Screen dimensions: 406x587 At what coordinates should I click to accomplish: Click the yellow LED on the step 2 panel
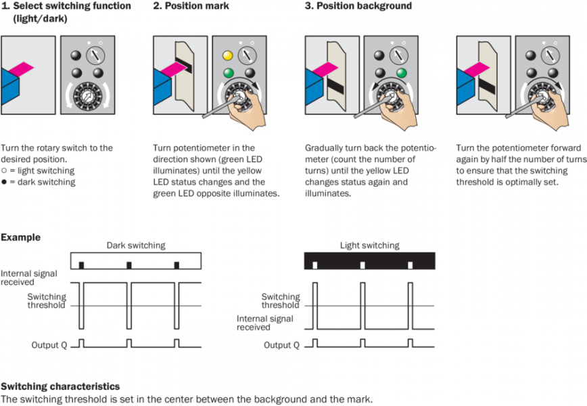(x=228, y=55)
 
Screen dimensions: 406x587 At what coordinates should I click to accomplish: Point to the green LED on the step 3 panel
(x=401, y=72)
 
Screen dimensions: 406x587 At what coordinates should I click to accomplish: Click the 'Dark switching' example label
(x=135, y=246)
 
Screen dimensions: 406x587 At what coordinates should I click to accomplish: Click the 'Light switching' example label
(x=369, y=246)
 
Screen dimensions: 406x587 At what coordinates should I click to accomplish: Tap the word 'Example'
(x=20, y=238)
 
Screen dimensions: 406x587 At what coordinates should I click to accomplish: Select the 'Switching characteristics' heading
(x=60, y=386)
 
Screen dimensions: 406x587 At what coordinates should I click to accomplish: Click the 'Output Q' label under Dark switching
(x=49, y=345)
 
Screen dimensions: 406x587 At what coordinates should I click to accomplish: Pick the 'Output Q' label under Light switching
(x=281, y=345)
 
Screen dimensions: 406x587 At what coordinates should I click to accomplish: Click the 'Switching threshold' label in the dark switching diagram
(x=47, y=301)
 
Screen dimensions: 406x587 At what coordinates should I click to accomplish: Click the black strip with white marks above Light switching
(x=369, y=260)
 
